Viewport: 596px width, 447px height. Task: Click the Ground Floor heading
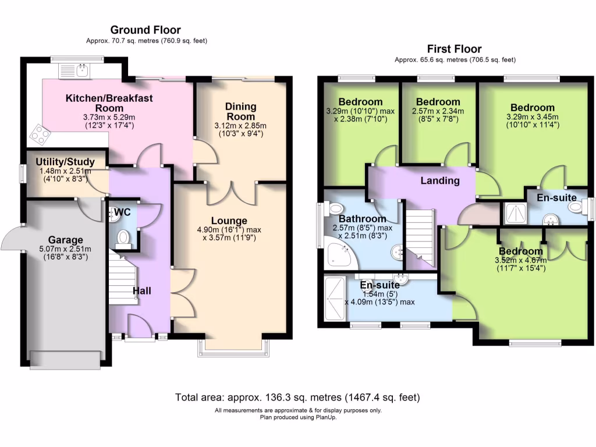(146, 30)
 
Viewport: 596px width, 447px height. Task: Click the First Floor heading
(454, 49)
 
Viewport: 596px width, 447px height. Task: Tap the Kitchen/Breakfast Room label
(109, 103)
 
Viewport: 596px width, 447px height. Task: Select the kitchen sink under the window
(76, 72)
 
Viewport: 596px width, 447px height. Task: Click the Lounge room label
(229, 221)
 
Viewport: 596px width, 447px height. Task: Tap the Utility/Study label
(69, 161)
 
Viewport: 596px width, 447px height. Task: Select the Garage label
(65, 239)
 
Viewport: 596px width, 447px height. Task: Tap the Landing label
(440, 180)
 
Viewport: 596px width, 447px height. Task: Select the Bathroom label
(350, 218)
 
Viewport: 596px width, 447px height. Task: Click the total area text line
(297, 398)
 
